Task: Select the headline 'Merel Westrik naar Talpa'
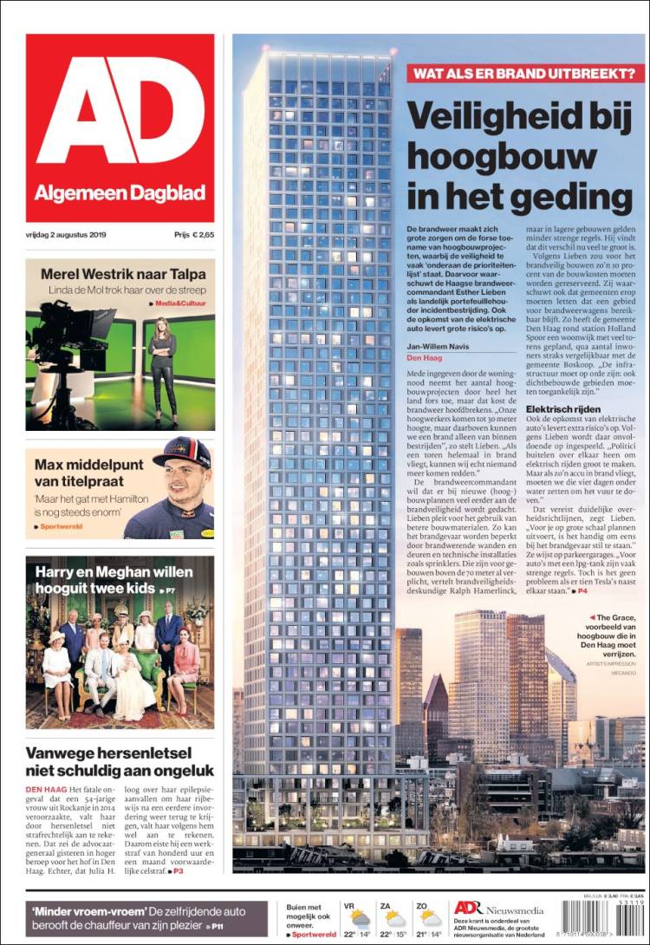tap(120, 274)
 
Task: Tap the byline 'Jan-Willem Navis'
tap(437, 347)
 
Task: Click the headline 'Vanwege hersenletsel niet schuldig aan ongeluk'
tap(120, 762)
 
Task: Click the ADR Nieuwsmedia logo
tap(499, 908)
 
